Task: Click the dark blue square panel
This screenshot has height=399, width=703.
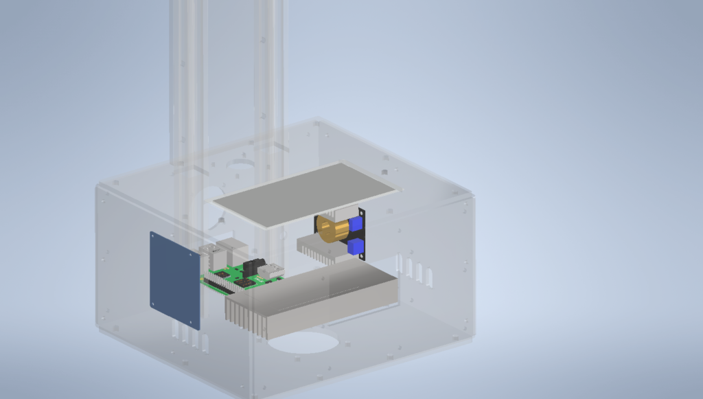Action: [175, 280]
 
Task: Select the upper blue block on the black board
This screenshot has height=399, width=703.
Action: [356, 224]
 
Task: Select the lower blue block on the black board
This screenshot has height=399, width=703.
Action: [355, 247]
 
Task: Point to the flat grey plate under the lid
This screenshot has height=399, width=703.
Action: [306, 194]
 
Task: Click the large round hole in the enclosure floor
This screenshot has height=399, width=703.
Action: [302, 341]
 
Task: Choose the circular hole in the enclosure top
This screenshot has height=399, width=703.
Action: [241, 166]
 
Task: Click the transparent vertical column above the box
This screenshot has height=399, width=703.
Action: [227, 76]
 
